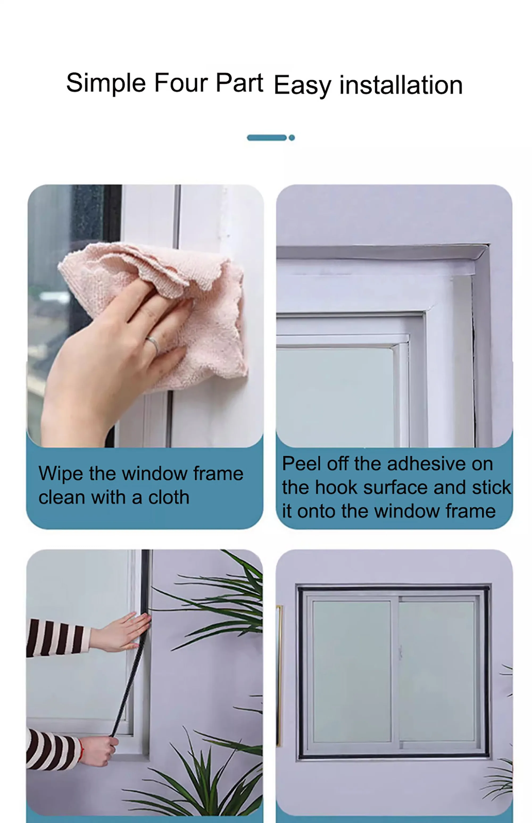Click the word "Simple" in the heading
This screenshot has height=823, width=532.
point(106,83)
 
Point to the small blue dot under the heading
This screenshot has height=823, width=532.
point(292,138)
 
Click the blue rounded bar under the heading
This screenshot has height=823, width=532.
point(267,138)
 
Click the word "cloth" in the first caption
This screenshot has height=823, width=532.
point(169,497)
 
